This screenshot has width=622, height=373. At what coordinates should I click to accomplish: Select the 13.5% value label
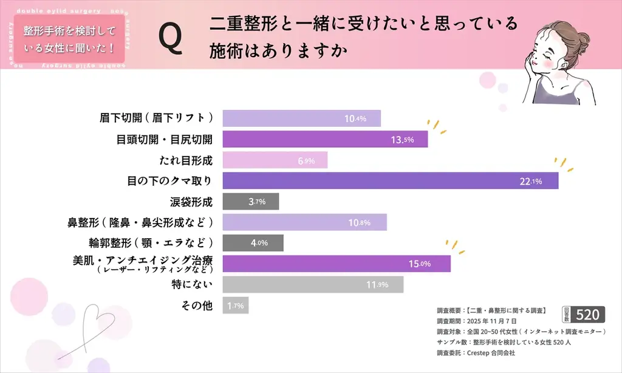click(402, 140)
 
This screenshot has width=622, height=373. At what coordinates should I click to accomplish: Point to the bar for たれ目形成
click(275, 160)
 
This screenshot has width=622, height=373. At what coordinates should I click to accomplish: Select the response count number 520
click(587, 315)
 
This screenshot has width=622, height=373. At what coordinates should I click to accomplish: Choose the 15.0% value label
click(419, 264)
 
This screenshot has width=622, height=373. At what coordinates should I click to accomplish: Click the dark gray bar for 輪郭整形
click(253, 243)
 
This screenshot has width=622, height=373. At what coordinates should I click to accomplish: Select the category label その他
click(197, 306)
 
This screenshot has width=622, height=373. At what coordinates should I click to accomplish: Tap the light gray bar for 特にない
click(313, 284)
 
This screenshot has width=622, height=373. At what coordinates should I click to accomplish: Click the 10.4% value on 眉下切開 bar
click(355, 119)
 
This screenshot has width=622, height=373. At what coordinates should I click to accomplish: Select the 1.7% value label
click(235, 306)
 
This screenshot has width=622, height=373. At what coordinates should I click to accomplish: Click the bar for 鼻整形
click(304, 222)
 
